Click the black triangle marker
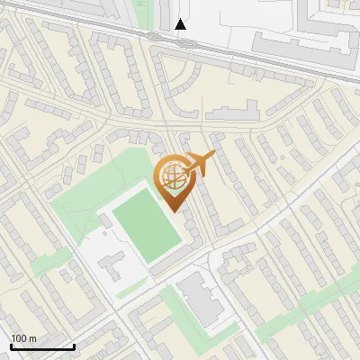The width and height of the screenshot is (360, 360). click(x=181, y=24)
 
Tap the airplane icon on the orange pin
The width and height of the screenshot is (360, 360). click(x=200, y=163)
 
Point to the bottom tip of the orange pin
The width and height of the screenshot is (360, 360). click(x=173, y=211)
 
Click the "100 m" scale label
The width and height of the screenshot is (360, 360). click(x=23, y=338)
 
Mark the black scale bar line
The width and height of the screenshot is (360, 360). click(x=41, y=346)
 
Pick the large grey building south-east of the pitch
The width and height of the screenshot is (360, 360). click(x=202, y=298)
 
